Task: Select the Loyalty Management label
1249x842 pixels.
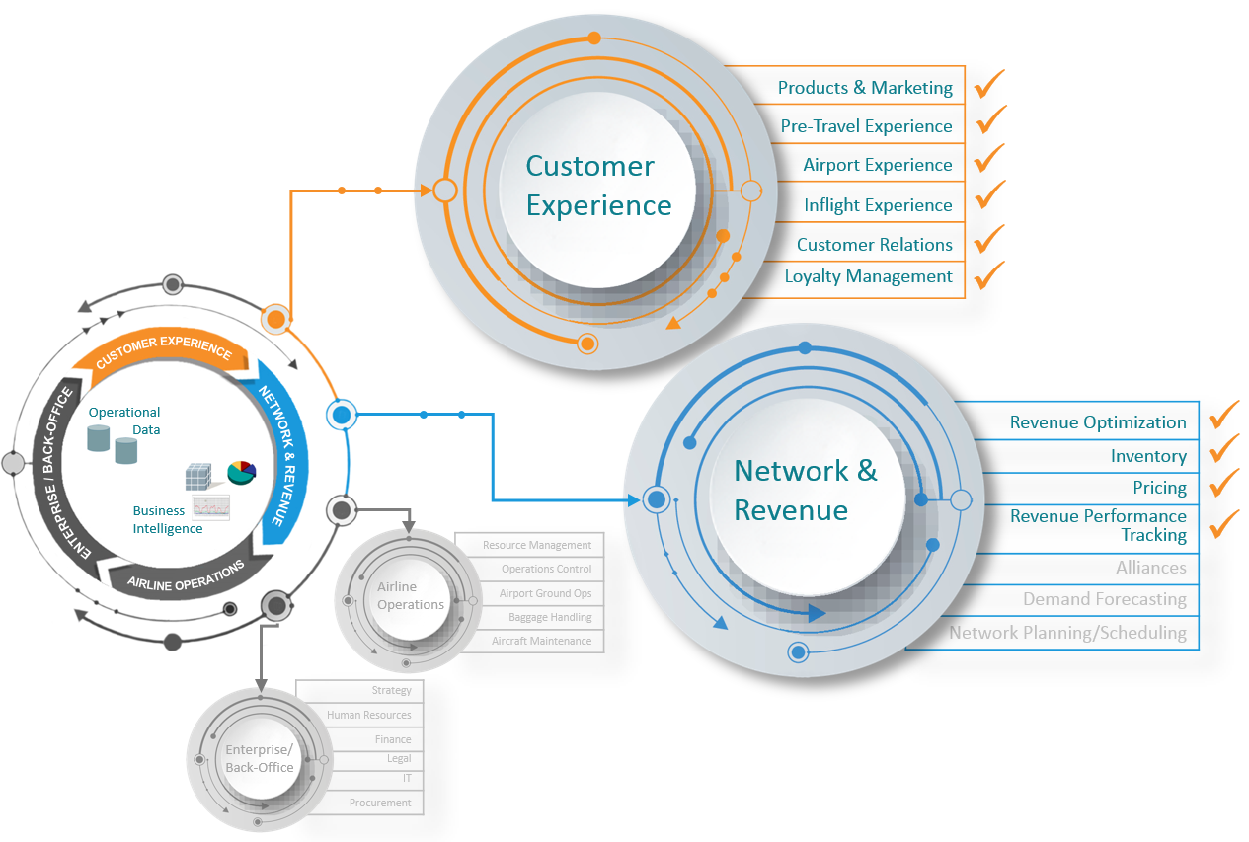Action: [x=868, y=276]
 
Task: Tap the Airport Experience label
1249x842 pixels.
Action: [x=877, y=165]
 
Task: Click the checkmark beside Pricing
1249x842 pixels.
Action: [x=1223, y=482]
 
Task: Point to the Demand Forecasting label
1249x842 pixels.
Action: [x=1104, y=599]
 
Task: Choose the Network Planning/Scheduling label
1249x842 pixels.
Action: [x=1067, y=633]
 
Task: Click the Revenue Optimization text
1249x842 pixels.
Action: [x=1097, y=422]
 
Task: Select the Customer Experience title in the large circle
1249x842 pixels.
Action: [x=597, y=186]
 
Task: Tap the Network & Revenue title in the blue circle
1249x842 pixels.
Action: [x=805, y=490]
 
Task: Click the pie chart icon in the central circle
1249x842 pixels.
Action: [x=241, y=472]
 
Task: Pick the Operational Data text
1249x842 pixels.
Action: [x=124, y=421]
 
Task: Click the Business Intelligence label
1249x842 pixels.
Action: [x=168, y=519]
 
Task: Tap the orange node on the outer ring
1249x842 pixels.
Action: [x=276, y=319]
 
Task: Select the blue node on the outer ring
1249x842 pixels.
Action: [x=342, y=415]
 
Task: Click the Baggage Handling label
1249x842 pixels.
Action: [x=550, y=617]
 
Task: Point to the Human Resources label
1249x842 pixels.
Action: [x=368, y=715]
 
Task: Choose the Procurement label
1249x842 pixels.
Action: [x=380, y=803]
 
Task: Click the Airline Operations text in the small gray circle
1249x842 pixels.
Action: [x=410, y=596]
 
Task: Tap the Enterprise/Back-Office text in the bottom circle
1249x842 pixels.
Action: [x=259, y=758]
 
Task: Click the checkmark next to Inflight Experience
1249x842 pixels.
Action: [x=989, y=194]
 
